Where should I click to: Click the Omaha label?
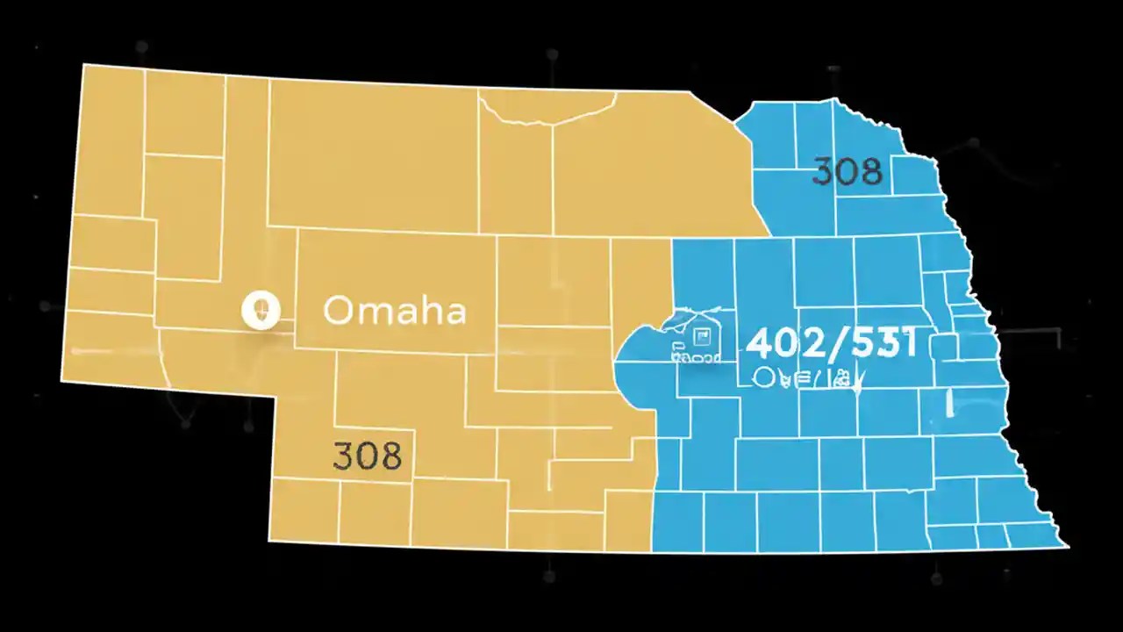[x=394, y=311]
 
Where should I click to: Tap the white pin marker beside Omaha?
[x=260, y=310]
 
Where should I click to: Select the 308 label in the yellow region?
[x=368, y=456]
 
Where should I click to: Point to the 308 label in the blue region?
[x=847, y=171]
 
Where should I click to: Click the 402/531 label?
[x=831, y=343]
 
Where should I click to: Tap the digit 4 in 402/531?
[x=759, y=343]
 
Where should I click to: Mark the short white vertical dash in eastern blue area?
[x=950, y=402]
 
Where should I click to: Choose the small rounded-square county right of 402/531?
[x=942, y=347]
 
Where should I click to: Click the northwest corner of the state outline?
[x=83, y=65]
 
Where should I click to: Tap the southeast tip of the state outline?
[x=1067, y=546]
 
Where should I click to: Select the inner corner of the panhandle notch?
[x=275, y=397]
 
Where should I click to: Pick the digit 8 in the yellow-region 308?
[x=390, y=456]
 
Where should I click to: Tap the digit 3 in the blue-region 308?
[x=823, y=171]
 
